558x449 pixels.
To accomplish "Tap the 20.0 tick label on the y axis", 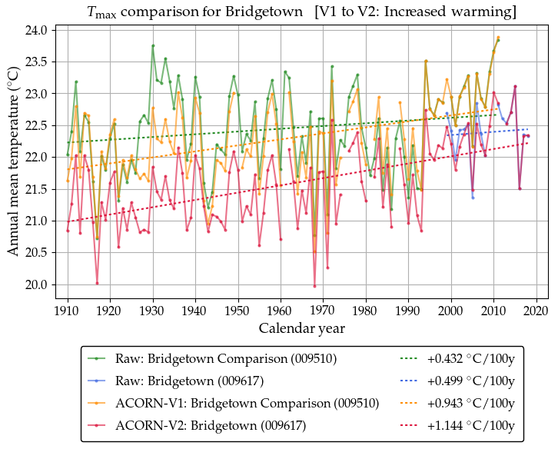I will click(40, 284).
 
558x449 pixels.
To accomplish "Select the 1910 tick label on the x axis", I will click(68, 311).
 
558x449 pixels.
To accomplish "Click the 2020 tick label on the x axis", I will click(536, 311).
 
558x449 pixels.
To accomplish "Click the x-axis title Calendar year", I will click(301, 328).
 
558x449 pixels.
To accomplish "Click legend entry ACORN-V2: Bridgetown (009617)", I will click(210, 425).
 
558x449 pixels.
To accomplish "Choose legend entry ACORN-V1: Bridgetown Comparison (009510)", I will click(247, 403).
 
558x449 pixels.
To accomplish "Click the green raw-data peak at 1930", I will click(153, 46).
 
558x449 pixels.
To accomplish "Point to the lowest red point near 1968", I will click(314, 286).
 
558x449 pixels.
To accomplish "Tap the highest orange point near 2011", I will click(498, 38).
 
